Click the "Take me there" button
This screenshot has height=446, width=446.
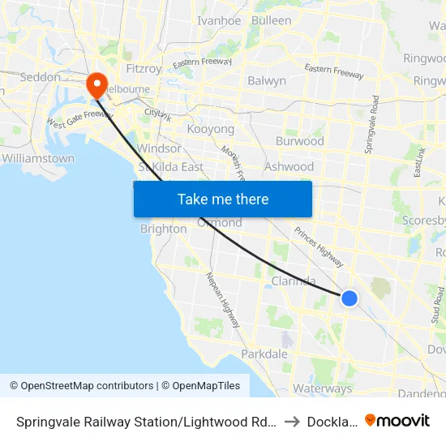(x=223, y=199)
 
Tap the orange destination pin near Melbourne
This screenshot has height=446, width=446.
(x=96, y=84)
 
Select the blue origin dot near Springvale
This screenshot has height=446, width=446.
(x=350, y=298)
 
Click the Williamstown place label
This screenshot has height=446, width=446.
(x=38, y=158)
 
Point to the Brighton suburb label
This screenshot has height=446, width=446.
(x=163, y=229)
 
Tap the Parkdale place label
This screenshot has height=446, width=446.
(x=264, y=354)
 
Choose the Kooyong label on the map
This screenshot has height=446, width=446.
(x=210, y=129)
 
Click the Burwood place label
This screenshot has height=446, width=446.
(x=299, y=141)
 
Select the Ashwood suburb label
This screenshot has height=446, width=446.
(x=289, y=166)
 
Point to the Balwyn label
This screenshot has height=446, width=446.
(x=267, y=80)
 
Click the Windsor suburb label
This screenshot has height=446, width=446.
(x=160, y=148)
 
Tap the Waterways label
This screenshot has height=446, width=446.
(x=324, y=388)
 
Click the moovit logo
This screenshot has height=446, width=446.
(x=397, y=420)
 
